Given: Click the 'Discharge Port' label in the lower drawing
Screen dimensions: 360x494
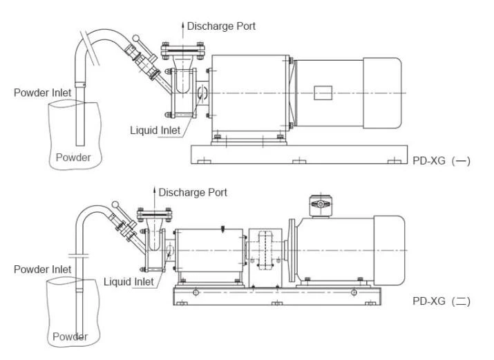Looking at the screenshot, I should click(x=193, y=192).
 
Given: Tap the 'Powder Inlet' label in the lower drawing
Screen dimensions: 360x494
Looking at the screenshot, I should click(x=42, y=269).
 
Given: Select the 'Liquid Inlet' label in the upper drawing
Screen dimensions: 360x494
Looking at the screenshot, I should click(x=157, y=129).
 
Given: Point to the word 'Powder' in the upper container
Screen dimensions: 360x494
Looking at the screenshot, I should click(x=73, y=157).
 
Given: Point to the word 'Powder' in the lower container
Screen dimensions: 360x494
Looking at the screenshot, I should click(x=69, y=337).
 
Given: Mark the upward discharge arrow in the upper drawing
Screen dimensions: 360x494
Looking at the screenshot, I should click(x=183, y=27).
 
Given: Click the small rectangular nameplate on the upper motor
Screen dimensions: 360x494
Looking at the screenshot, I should click(x=323, y=92).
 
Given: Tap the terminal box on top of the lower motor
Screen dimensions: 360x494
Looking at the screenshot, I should click(x=321, y=205).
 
